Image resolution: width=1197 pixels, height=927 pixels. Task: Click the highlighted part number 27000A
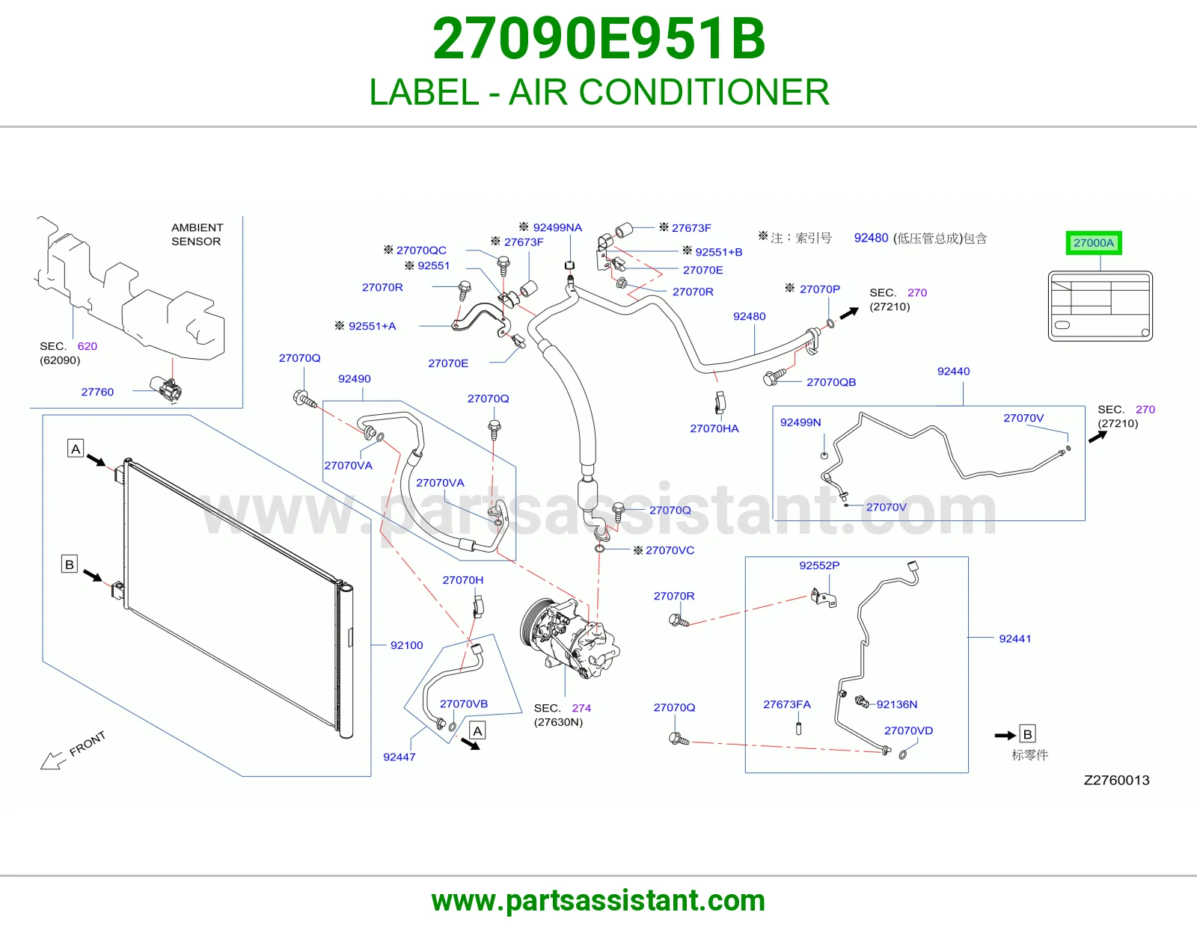(x=1094, y=243)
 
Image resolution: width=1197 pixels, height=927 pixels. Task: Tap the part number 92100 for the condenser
(x=406, y=645)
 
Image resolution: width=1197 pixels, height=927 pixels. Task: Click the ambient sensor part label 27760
(x=97, y=392)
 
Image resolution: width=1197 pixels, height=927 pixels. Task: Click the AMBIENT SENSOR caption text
(x=197, y=235)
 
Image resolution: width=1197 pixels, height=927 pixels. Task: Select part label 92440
(x=954, y=371)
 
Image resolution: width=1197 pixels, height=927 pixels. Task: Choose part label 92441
(x=1014, y=638)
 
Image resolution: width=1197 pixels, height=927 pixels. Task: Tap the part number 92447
(x=399, y=757)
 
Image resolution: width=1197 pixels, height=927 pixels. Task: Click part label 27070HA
(x=714, y=428)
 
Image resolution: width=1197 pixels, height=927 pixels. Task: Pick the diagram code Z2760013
(x=1116, y=780)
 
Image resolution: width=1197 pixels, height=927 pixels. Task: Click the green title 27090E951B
(x=598, y=39)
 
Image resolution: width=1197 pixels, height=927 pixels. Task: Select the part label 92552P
(x=819, y=565)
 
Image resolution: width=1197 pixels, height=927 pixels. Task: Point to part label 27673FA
(x=786, y=704)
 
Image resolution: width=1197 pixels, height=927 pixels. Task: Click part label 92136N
(x=897, y=704)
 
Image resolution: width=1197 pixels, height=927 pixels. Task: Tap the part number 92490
(x=354, y=379)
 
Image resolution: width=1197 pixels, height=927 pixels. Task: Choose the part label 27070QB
(x=831, y=382)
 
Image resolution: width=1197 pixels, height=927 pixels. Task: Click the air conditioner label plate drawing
(x=1100, y=306)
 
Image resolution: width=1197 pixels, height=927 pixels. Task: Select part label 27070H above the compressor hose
(x=462, y=580)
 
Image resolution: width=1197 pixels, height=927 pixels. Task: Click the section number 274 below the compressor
(x=581, y=708)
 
